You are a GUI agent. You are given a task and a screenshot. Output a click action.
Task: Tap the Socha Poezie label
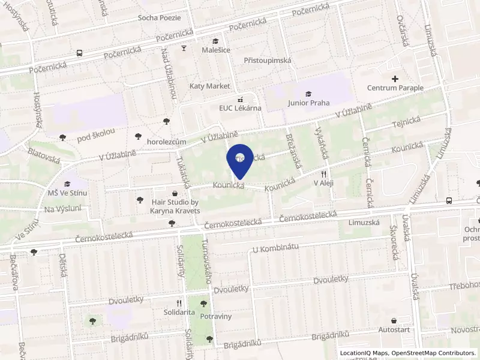pyautogui.click(x=159, y=17)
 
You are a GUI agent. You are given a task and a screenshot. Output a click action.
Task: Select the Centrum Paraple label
pyautogui.click(x=395, y=88)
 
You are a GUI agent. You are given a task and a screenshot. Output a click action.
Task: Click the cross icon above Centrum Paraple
pyautogui.click(x=395, y=79)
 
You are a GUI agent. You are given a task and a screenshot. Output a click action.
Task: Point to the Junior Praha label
pyautogui.click(x=308, y=103)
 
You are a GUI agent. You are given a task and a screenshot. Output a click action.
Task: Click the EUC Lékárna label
pyautogui.click(x=239, y=108)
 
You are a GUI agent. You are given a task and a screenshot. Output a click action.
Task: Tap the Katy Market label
pyautogui.click(x=209, y=86)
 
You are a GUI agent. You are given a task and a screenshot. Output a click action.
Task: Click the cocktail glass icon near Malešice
pyautogui.click(x=184, y=49)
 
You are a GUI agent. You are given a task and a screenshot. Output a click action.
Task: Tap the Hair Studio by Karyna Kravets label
pyautogui.click(x=175, y=206)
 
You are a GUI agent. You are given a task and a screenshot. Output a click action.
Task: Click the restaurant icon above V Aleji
pyautogui.click(x=323, y=173)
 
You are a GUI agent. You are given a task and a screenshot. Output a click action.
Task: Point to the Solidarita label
pyautogui.click(x=179, y=313)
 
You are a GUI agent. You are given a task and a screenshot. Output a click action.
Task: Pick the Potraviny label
pyautogui.click(x=216, y=316)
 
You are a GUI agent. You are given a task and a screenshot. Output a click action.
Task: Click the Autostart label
pyautogui.click(x=394, y=329)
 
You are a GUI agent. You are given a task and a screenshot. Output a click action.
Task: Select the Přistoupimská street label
pyautogui.click(x=268, y=61)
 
